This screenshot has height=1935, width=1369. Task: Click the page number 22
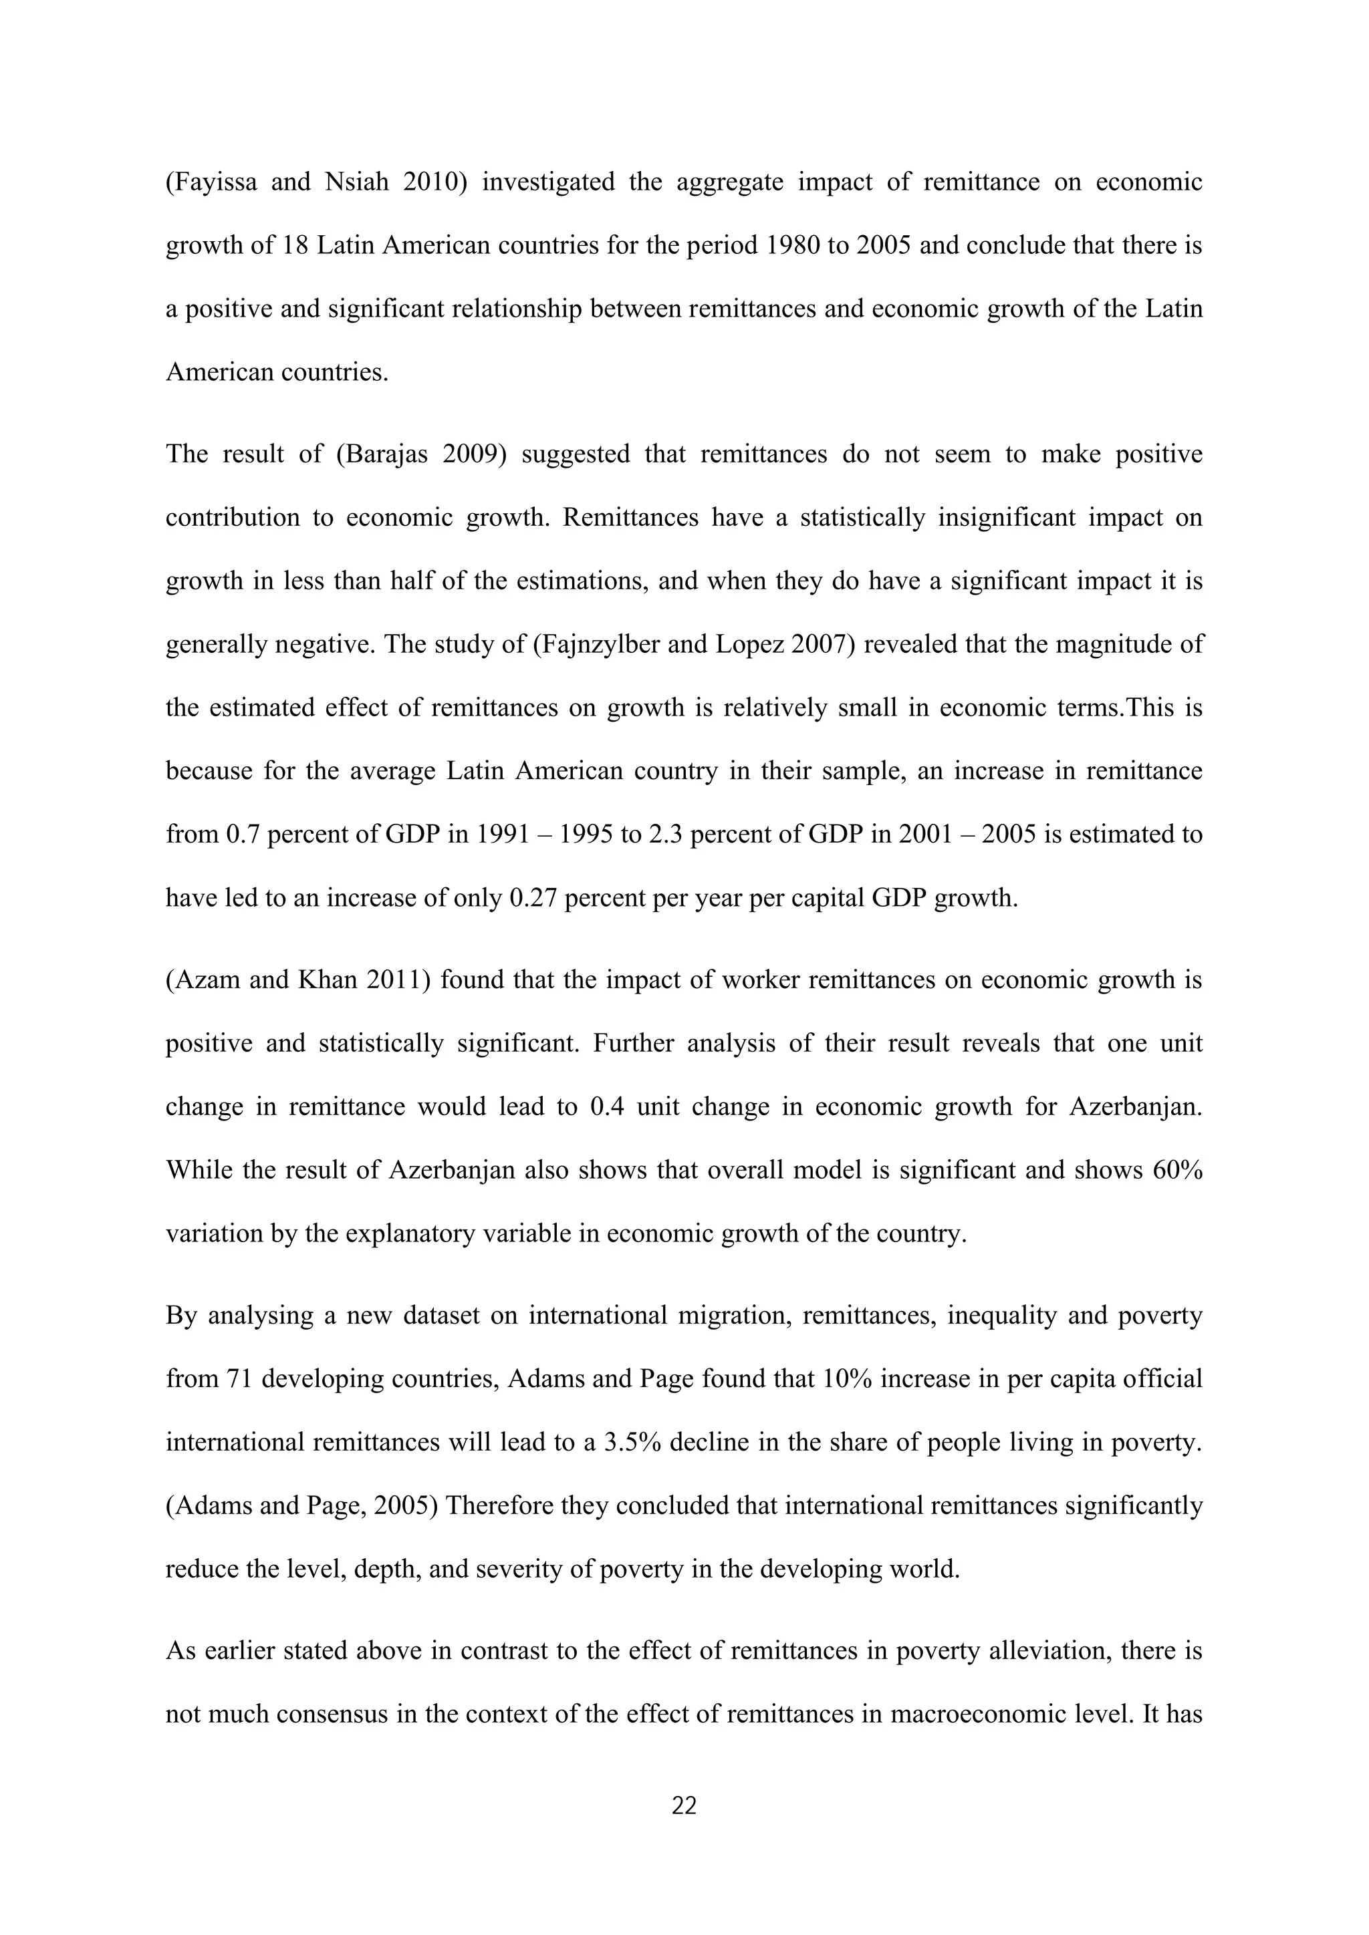pos(684,1805)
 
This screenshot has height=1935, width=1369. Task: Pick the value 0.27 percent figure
pos(533,897)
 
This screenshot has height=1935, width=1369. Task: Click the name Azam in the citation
pos(203,980)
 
